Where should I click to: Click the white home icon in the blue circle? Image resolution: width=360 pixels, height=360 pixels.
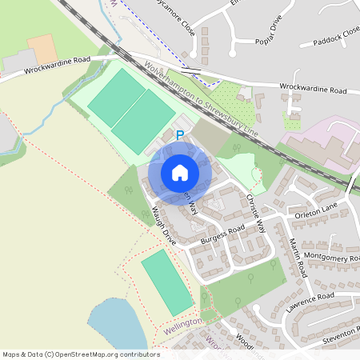(180, 172)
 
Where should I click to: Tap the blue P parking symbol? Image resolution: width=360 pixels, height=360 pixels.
(180, 136)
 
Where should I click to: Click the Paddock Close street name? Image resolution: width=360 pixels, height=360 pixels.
(337, 37)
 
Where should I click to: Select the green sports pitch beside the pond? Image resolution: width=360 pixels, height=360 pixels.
(166, 281)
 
